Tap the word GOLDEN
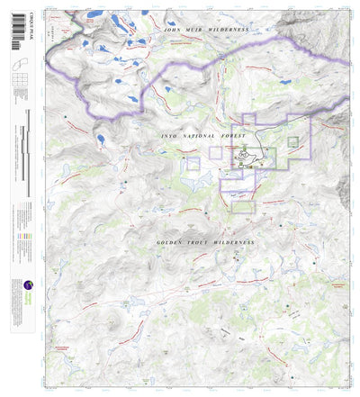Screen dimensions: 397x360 170,243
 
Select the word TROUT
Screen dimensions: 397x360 202,243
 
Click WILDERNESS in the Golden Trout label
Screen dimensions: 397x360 236,243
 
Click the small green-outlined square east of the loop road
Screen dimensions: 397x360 292,141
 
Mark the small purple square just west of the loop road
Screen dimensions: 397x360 216,153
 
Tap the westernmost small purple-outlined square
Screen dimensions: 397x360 193,163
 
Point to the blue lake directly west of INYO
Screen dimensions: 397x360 102,140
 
